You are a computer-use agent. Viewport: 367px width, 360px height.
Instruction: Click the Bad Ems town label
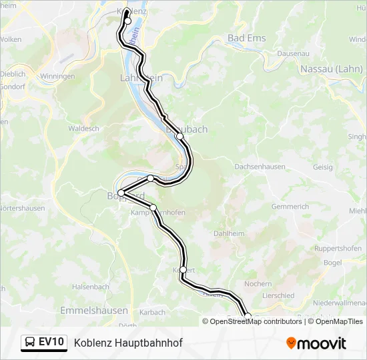247,38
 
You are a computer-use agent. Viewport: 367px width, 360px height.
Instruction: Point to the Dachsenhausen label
260,166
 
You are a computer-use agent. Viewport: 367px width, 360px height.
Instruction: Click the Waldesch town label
83,128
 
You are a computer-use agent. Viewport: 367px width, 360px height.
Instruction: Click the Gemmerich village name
290,207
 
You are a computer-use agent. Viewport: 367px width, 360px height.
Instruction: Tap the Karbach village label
153,312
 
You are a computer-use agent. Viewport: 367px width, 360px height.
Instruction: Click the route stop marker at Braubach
179,136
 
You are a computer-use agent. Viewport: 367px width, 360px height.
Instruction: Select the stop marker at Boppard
121,193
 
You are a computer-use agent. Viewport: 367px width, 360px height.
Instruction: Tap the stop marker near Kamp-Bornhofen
153,208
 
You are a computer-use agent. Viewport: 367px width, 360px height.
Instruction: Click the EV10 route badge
51,343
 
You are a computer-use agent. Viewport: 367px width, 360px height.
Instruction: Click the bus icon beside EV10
31,343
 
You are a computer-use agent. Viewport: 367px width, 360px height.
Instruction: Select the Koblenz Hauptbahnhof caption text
128,343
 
